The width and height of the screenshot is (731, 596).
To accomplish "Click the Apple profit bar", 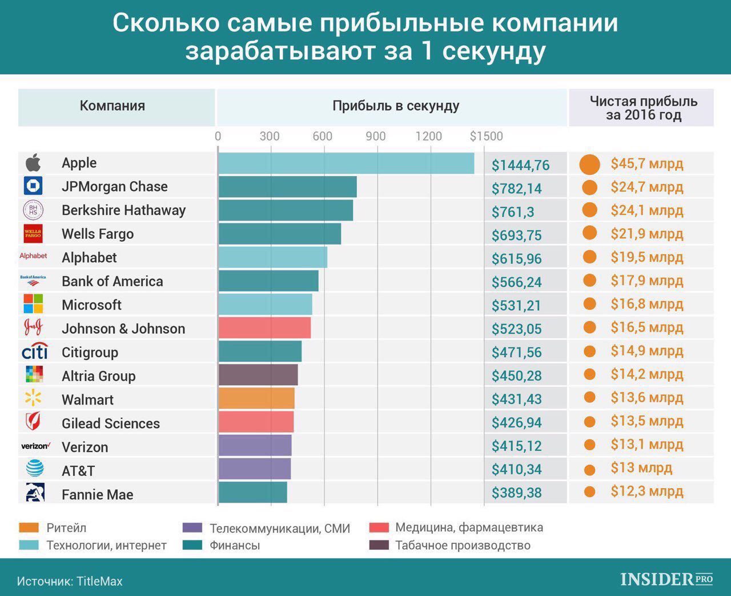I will (346, 163).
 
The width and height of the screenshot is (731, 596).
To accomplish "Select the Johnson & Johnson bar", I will (264, 328).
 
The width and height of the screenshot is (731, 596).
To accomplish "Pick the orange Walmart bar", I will (256, 399).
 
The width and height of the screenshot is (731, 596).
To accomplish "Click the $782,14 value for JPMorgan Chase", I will (516, 189).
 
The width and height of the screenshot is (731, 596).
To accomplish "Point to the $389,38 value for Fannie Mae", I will (516, 493).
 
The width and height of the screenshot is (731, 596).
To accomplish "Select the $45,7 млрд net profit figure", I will (646, 164).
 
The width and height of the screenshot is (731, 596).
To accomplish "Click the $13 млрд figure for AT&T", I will (641, 468).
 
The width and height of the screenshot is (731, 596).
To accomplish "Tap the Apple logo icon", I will (33, 163).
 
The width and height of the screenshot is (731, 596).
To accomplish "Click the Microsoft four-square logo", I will (33, 304).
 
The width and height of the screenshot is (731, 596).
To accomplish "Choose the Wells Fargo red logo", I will (33, 234).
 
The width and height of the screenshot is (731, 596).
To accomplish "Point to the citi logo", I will (34, 351).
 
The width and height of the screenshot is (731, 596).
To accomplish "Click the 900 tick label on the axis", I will (376, 136).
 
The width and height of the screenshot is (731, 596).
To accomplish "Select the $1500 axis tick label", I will (486, 136).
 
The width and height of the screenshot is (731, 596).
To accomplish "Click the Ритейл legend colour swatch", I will (29, 527).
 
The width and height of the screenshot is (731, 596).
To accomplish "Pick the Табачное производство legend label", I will (463, 545).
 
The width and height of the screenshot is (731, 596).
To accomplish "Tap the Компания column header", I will (113, 106).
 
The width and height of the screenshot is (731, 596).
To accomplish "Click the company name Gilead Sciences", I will (111, 423).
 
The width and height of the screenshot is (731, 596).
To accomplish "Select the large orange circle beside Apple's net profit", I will (589, 165).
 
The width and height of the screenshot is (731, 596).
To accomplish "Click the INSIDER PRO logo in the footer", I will (666, 579).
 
